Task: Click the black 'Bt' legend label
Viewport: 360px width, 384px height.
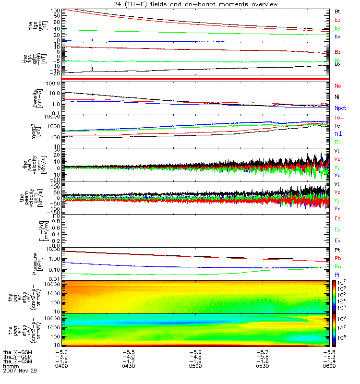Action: pyautogui.click(x=337, y=11)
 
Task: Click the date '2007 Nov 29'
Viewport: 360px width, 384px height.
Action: pyautogui.click(x=20, y=371)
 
